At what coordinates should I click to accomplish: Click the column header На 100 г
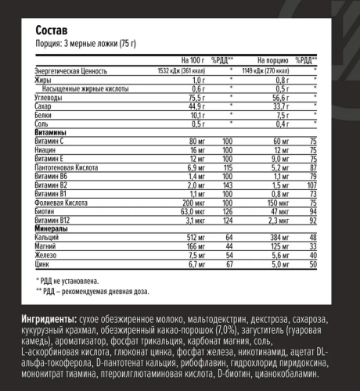pyautogui.click(x=193, y=59)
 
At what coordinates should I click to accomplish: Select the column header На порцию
pyautogui.click(x=271, y=59)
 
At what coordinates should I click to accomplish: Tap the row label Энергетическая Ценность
pyautogui.click(x=70, y=70)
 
